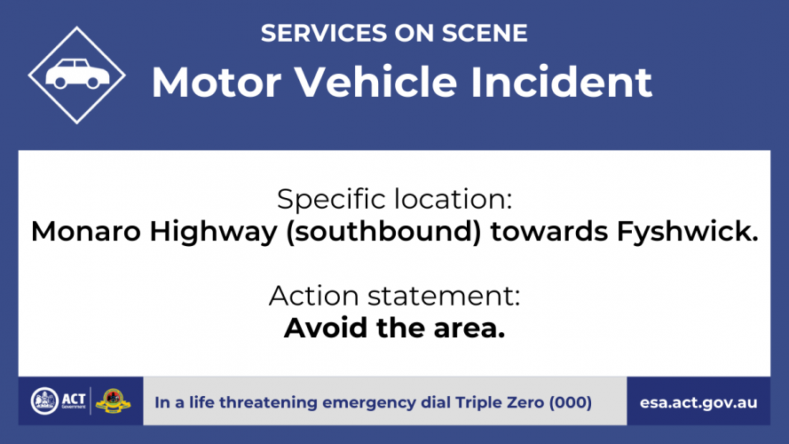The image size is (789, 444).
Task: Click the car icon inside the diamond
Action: [77, 74]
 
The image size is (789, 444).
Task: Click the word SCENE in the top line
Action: [485, 33]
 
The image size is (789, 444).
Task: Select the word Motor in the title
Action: [217, 82]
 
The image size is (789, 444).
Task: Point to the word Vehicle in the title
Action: [375, 81]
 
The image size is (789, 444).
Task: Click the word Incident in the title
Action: [561, 81]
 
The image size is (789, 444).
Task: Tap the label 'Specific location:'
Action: [394, 199]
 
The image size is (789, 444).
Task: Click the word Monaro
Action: [85, 232]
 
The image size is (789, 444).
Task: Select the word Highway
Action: [213, 233]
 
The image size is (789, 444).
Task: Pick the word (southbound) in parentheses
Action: [383, 233]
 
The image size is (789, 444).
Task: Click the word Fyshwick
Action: [687, 233]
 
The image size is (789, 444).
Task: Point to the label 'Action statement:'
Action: [394, 296]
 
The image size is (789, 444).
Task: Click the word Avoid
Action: [326, 329]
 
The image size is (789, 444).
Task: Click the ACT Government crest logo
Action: [44, 401]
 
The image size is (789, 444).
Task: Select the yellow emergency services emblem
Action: [114, 401]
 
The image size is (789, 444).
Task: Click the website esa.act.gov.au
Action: [698, 403]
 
